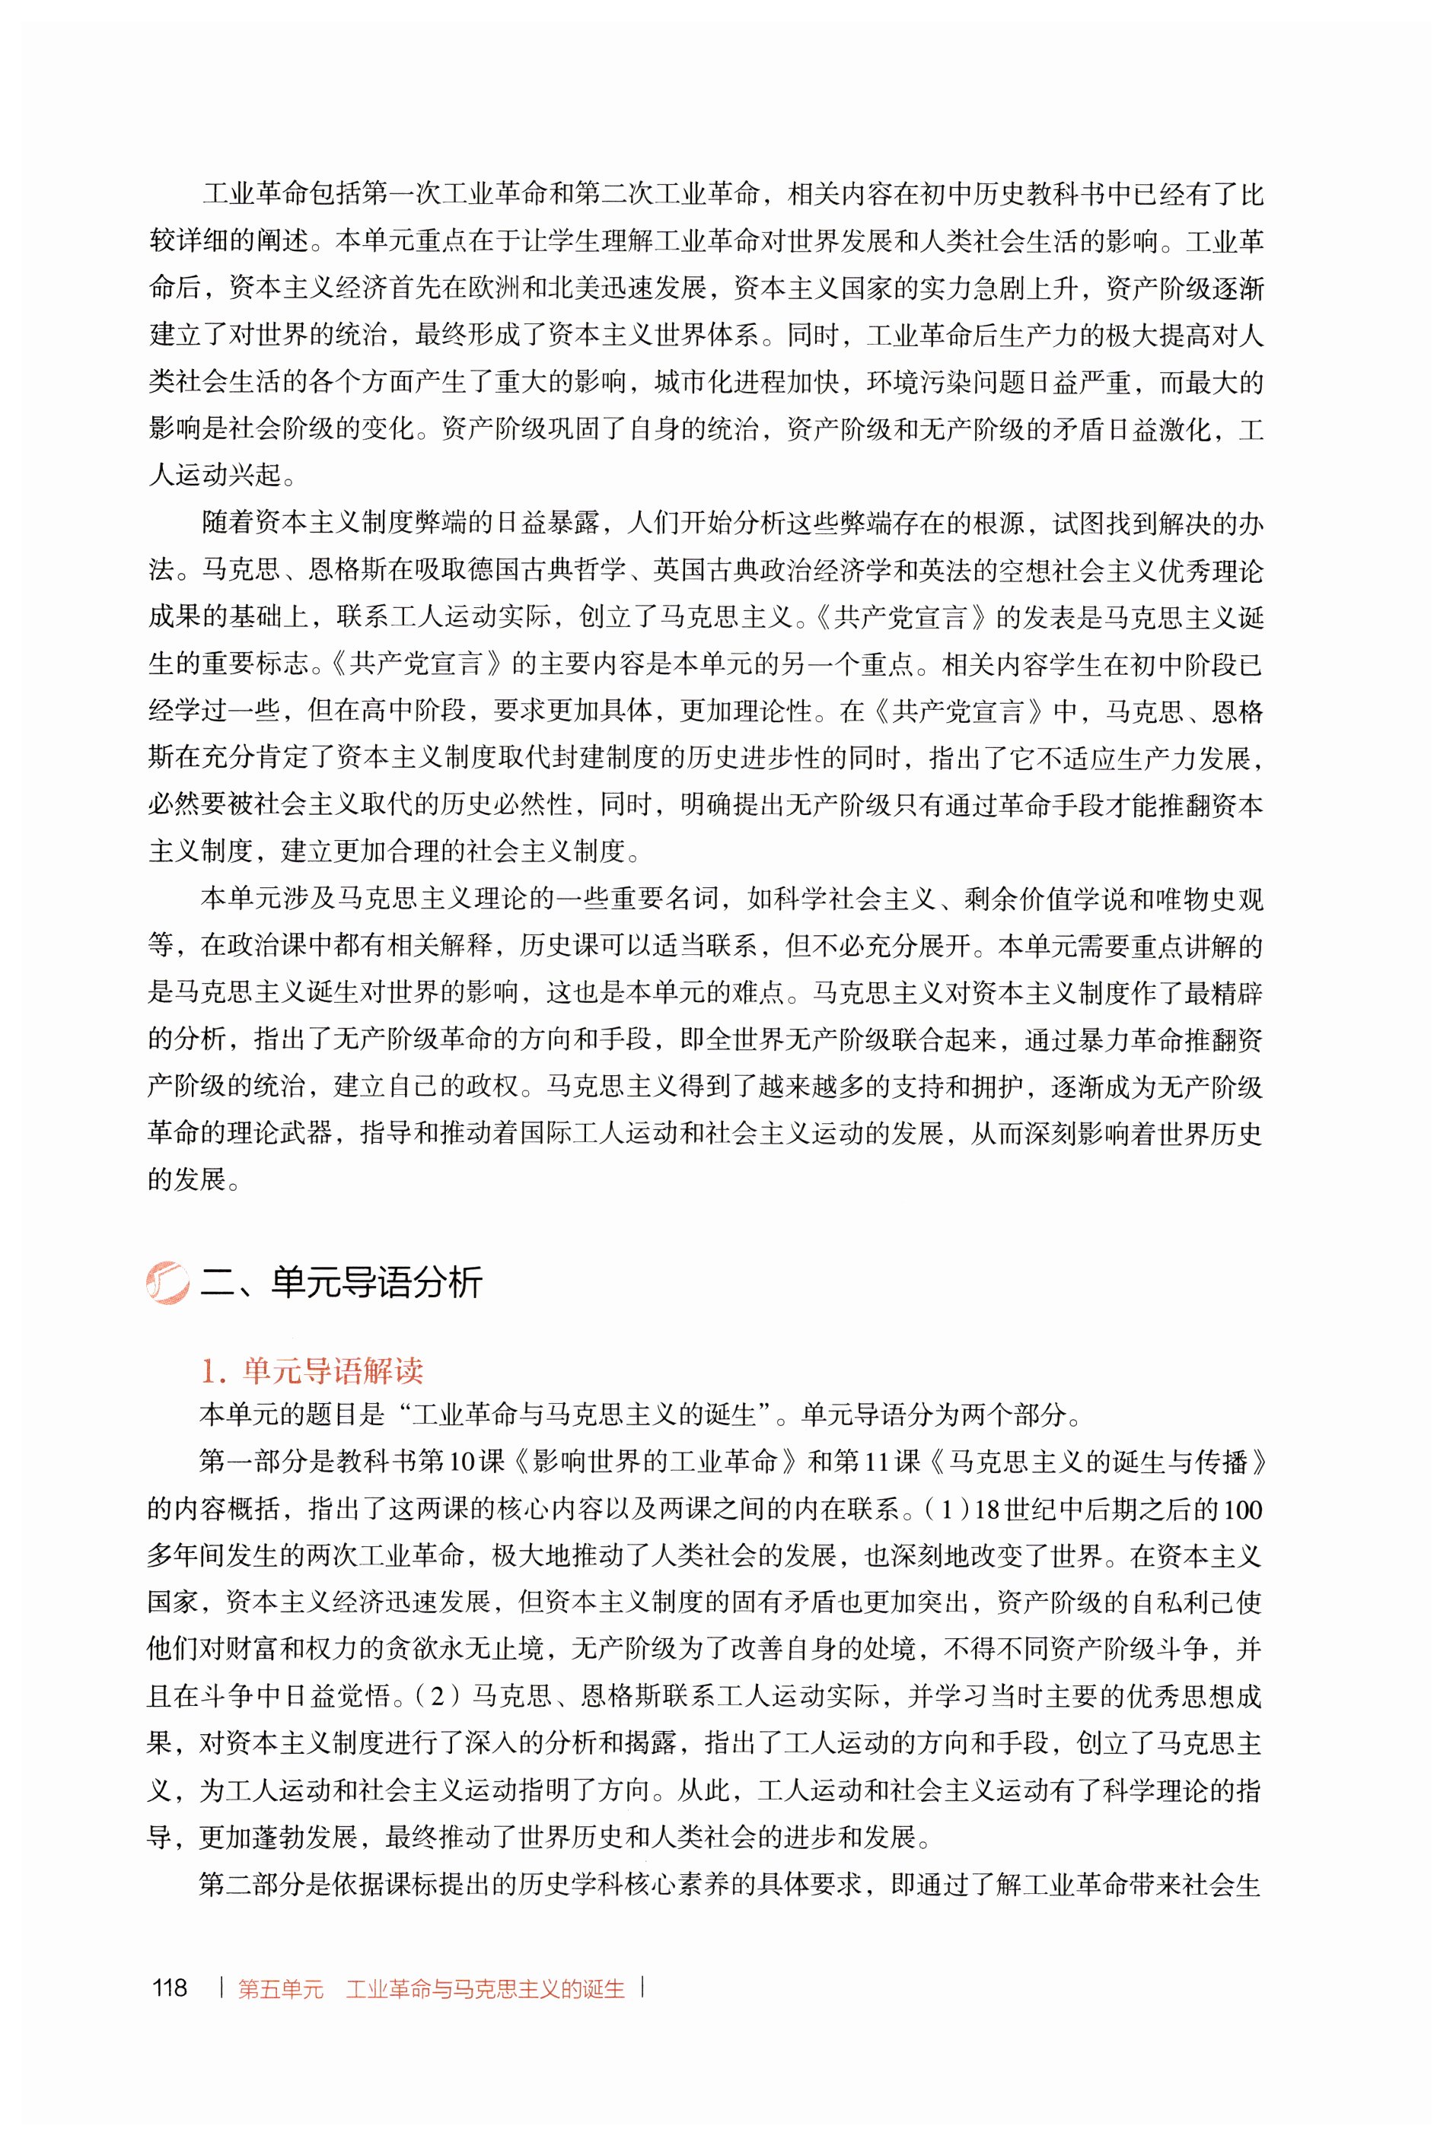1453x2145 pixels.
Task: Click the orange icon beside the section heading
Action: (x=167, y=1282)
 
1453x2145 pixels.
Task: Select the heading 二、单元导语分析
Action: (x=342, y=1282)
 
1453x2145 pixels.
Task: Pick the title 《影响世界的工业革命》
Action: (x=656, y=1462)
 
